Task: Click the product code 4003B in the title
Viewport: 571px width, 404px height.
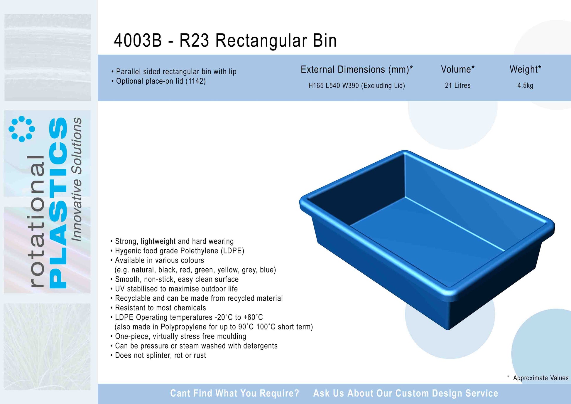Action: click(138, 40)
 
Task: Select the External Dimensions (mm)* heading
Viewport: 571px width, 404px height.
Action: click(357, 70)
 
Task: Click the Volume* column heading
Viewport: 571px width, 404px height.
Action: click(458, 69)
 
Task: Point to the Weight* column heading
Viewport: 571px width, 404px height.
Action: click(525, 69)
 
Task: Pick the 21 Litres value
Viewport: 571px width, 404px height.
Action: click(458, 85)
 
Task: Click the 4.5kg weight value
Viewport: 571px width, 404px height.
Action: click(525, 86)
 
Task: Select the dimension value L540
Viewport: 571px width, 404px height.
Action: click(333, 86)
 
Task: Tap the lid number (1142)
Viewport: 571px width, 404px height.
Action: click(195, 81)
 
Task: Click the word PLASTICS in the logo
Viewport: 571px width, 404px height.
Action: click(58, 203)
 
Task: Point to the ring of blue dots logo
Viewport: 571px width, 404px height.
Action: click(22, 129)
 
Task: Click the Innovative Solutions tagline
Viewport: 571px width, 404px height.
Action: click(77, 179)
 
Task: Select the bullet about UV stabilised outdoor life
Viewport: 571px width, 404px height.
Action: click(174, 289)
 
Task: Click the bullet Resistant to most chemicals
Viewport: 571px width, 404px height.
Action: click(158, 308)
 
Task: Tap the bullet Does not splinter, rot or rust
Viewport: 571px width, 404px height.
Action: click(158, 356)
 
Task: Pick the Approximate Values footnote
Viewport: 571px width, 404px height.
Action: click(538, 378)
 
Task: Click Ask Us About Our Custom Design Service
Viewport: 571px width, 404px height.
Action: click(406, 393)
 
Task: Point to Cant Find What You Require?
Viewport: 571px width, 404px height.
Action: click(235, 393)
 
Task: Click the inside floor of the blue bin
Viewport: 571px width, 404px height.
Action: click(446, 235)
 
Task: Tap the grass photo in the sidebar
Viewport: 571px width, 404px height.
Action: click(47, 347)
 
